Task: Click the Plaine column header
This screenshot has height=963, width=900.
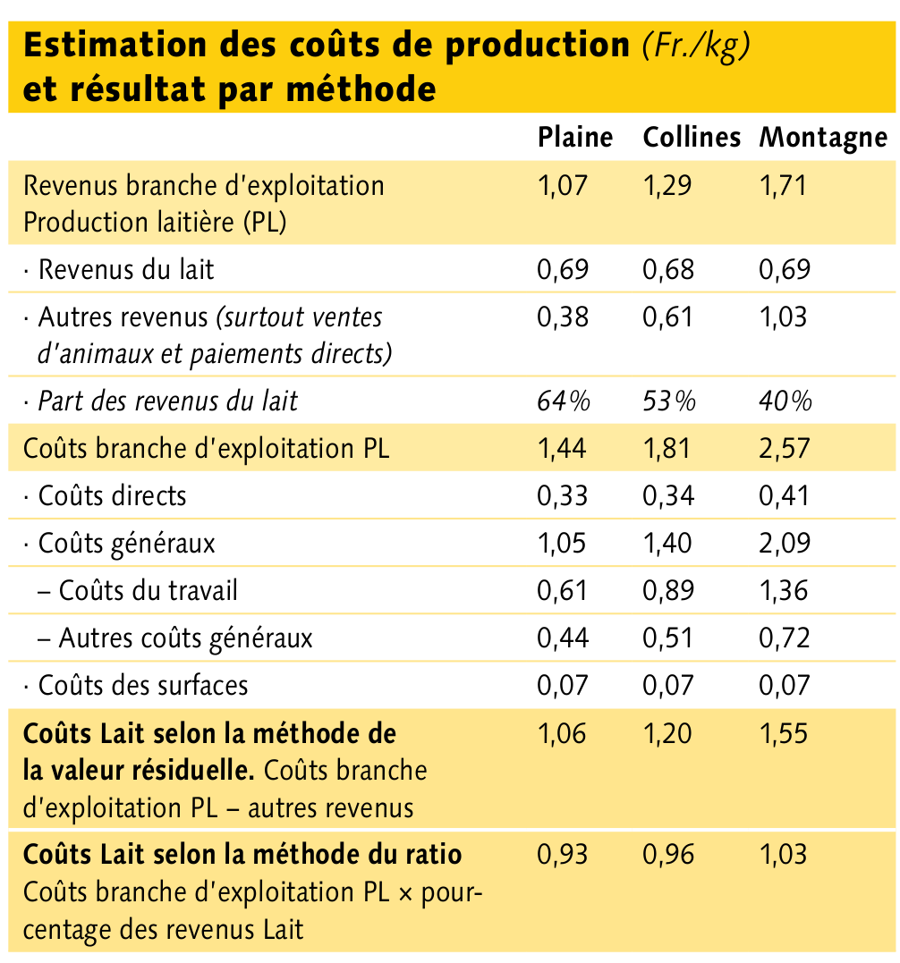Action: (x=575, y=137)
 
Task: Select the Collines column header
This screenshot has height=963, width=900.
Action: (x=692, y=137)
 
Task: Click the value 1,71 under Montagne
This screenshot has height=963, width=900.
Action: (x=783, y=185)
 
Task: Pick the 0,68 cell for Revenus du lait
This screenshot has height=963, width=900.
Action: (x=668, y=270)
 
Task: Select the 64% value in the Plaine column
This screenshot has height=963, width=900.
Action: (x=564, y=401)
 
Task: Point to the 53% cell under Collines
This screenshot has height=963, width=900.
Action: (x=669, y=401)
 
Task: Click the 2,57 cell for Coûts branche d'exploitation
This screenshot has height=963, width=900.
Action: (x=785, y=448)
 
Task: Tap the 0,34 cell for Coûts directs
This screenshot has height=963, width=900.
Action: (x=668, y=495)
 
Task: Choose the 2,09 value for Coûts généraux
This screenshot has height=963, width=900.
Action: (x=785, y=543)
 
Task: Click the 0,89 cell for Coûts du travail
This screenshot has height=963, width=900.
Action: (x=668, y=590)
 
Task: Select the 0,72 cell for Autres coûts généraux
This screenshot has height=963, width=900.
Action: (x=785, y=638)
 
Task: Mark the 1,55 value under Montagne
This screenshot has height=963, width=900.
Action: (x=784, y=733)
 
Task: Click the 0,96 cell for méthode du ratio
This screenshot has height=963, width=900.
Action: (x=668, y=854)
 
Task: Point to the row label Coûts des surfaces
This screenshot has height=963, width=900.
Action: (x=142, y=686)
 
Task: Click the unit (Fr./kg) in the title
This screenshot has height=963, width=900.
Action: (x=696, y=46)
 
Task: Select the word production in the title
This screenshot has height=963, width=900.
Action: (x=538, y=46)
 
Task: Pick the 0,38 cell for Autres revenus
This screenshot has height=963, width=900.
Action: (x=563, y=317)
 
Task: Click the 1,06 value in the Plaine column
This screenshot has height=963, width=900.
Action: (x=562, y=733)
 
